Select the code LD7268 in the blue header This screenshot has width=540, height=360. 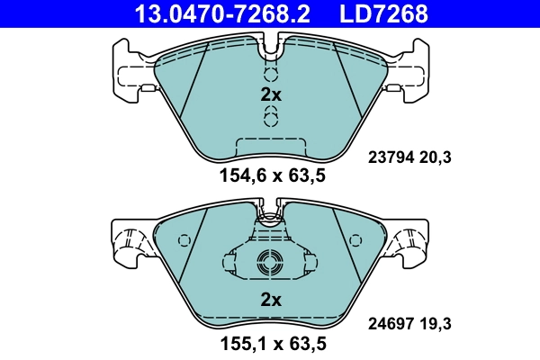click(x=382, y=13)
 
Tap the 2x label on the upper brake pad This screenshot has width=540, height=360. click(x=271, y=95)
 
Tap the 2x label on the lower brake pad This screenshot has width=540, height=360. click(x=271, y=299)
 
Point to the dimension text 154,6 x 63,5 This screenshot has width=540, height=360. click(x=271, y=176)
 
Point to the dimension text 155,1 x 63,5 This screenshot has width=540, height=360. click(x=271, y=343)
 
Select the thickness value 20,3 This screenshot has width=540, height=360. click(x=436, y=157)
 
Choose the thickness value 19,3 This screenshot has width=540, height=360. click(x=436, y=320)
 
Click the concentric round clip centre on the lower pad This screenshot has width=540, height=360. click(x=270, y=264)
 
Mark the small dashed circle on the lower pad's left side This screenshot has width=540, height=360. click(x=185, y=241)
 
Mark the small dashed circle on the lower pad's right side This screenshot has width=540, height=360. click(x=355, y=241)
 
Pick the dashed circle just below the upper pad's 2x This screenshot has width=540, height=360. click(x=270, y=116)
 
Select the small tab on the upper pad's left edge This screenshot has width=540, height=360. click(x=146, y=87)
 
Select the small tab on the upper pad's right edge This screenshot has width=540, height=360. click(x=394, y=87)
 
